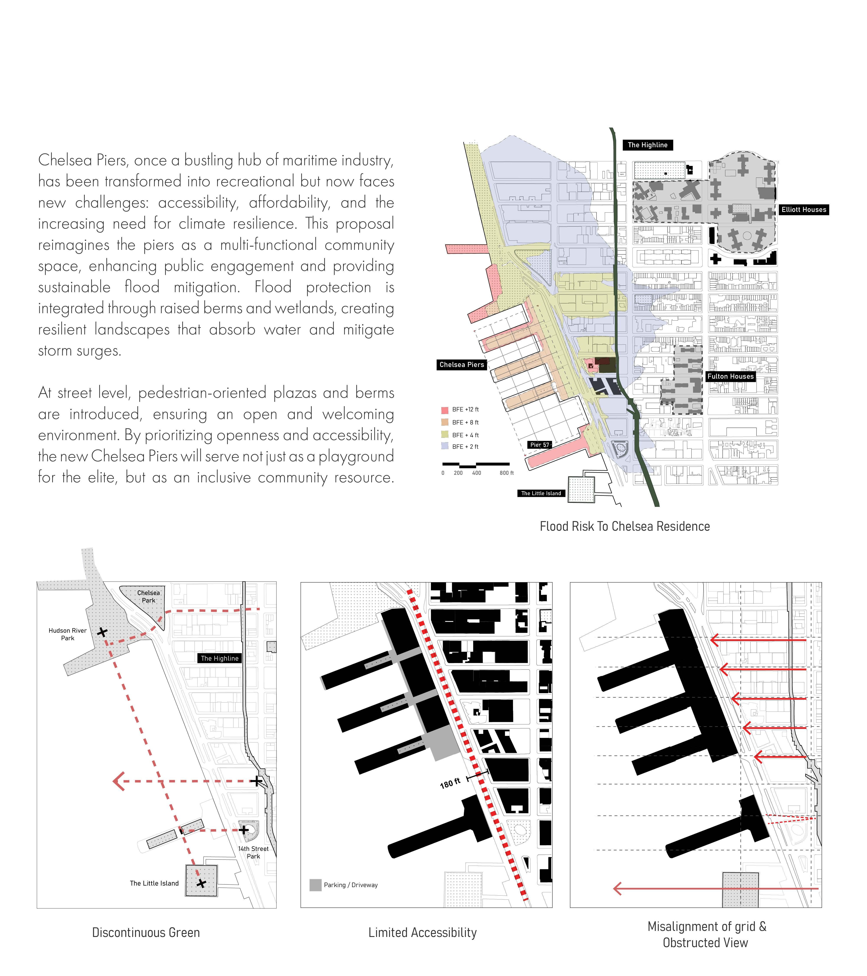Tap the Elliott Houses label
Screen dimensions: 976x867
tap(803, 210)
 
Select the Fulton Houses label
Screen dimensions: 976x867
tap(730, 376)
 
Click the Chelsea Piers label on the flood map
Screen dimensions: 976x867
tap(461, 365)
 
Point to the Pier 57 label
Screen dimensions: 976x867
tap(540, 445)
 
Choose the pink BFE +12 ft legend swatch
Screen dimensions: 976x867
tap(445, 410)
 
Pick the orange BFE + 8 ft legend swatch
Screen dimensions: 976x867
tap(445, 422)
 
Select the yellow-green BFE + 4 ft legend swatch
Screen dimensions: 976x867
tap(445, 434)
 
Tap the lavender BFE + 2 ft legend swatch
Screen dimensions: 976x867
tap(445, 446)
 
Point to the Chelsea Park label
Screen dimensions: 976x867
tap(148, 596)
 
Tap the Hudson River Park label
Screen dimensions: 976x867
tap(68, 634)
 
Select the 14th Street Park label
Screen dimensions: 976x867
tap(253, 852)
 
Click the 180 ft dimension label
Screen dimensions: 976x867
tap(450, 783)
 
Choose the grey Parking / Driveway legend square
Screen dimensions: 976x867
tap(315, 885)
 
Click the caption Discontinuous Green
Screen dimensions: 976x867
tap(146, 933)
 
